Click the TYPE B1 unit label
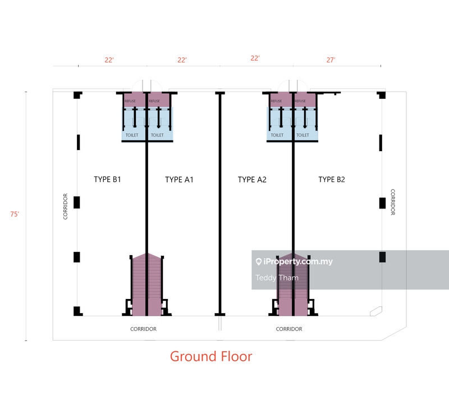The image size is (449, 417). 108,180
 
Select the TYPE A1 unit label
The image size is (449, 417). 180,180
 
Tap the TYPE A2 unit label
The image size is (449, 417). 252,180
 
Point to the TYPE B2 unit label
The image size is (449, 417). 332,180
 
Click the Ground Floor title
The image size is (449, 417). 211,356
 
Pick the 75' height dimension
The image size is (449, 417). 15,214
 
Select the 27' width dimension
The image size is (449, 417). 331,60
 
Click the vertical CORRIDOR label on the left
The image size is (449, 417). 66,206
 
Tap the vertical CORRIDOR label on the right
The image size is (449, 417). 393,202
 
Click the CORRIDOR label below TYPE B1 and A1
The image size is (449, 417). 143,329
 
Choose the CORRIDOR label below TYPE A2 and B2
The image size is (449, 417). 289,329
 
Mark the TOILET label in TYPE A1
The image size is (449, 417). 158,135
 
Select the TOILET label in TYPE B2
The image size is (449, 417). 303,135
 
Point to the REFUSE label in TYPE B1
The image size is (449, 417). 130,101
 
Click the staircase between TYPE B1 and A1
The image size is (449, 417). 146,284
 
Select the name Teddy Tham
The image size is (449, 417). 277,278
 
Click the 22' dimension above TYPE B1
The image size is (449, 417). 109,60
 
